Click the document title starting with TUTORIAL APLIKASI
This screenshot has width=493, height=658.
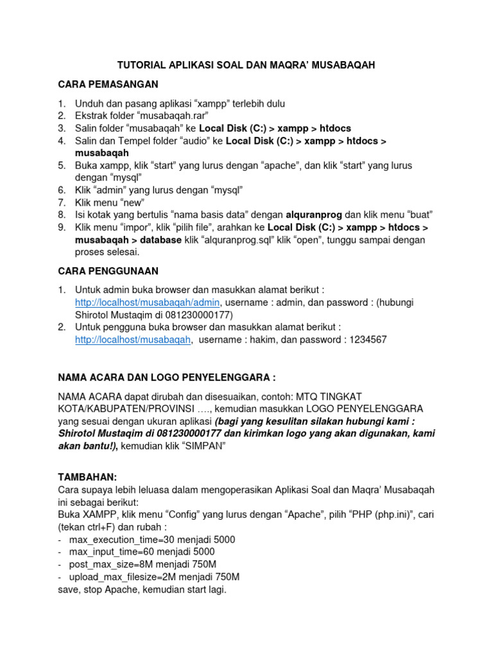(246, 65)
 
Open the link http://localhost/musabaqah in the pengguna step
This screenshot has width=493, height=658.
(133, 340)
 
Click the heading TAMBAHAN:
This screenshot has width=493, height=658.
(87, 477)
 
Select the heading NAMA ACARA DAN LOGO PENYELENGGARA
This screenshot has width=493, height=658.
(166, 377)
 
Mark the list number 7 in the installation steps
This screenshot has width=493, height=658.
(62, 202)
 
